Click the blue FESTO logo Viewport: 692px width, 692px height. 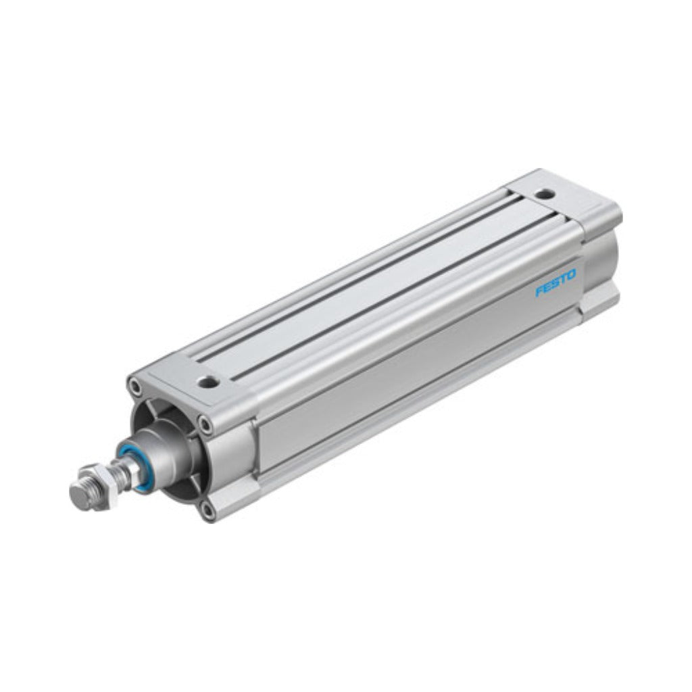pos(555,283)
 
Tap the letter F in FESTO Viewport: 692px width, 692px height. pos(539,291)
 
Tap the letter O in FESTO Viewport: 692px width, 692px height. pos(570,276)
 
